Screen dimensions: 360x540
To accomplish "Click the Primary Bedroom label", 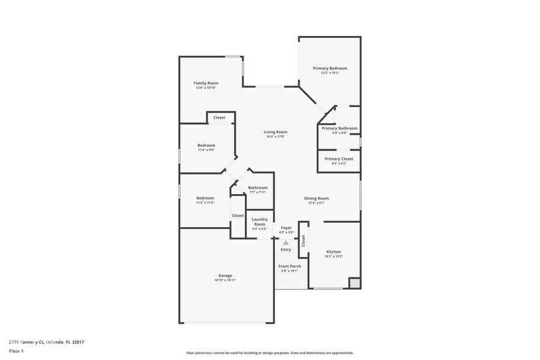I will pyautogui.click(x=330, y=68).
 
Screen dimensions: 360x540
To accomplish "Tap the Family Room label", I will pyautogui.click(x=206, y=83).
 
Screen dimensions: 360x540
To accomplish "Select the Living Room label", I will pyautogui.click(x=276, y=132).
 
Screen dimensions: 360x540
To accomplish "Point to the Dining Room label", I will pyautogui.click(x=317, y=198).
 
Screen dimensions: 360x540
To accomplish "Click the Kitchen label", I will pyautogui.click(x=334, y=252).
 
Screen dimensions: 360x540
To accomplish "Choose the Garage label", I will pyautogui.click(x=225, y=276).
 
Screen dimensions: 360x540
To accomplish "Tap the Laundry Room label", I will pyautogui.click(x=260, y=222).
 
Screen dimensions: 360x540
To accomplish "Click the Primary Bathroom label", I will pyautogui.click(x=339, y=128).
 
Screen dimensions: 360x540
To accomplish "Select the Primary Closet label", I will pyautogui.click(x=339, y=159).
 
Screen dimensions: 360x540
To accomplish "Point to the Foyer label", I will pyautogui.click(x=286, y=228).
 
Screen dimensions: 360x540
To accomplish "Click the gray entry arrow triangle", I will pyautogui.click(x=285, y=243).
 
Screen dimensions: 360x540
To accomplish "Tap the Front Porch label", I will pyautogui.click(x=290, y=266).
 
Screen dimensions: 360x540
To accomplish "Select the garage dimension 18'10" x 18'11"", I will pyautogui.click(x=225, y=280).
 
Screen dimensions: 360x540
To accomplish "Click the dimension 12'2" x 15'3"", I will pyautogui.click(x=330, y=73).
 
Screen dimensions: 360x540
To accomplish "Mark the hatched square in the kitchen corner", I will pyautogui.click(x=354, y=283).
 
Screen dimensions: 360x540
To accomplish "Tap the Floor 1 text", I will pyautogui.click(x=16, y=351).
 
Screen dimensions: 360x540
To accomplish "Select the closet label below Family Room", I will pyautogui.click(x=219, y=118).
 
